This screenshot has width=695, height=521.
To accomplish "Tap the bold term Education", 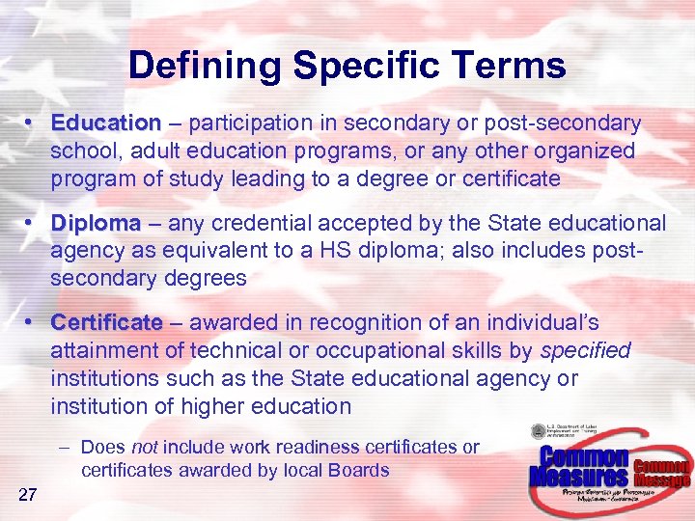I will pyautogui.click(x=106, y=123).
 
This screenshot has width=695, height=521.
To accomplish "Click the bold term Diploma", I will pyautogui.click(x=97, y=223).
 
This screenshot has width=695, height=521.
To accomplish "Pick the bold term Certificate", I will pyautogui.click(x=107, y=322).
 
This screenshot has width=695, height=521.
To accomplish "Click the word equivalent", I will pyautogui.click(x=229, y=251).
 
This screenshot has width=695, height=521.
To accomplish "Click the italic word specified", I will pyautogui.click(x=586, y=350).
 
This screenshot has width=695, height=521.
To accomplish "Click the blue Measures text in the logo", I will pyautogui.click(x=580, y=476).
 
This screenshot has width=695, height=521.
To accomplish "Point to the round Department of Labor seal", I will pyautogui.click(x=538, y=433).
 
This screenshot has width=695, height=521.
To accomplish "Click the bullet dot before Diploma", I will pyautogui.click(x=33, y=223).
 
